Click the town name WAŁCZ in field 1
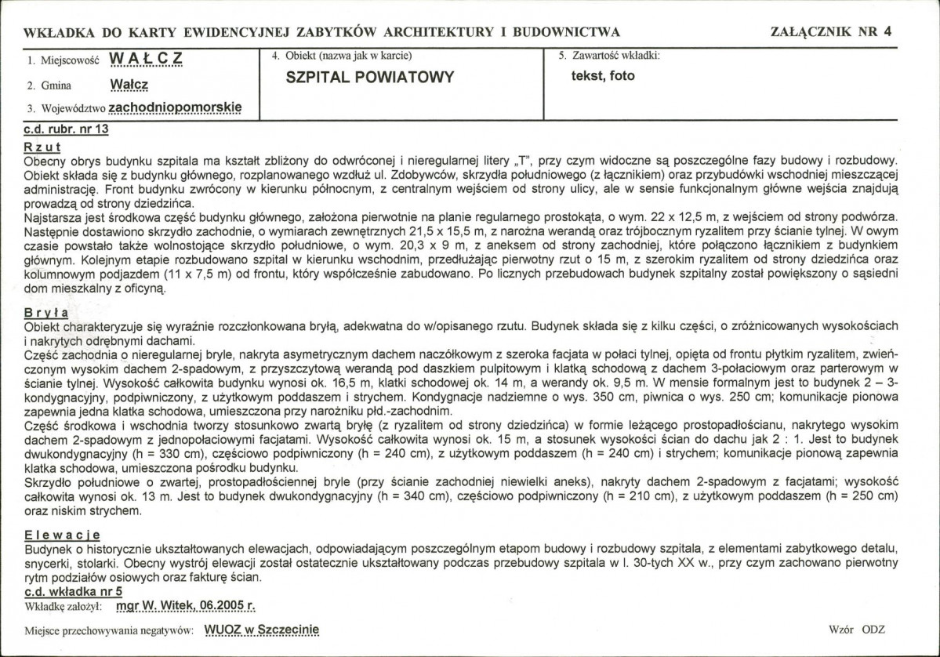(x=147, y=59)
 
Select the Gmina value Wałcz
(x=130, y=84)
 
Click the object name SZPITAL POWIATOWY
(x=370, y=77)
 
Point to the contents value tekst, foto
(x=603, y=76)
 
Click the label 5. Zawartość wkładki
(x=609, y=56)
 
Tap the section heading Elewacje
(x=56, y=532)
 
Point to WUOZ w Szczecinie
(x=261, y=630)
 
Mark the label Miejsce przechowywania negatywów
(x=109, y=630)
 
